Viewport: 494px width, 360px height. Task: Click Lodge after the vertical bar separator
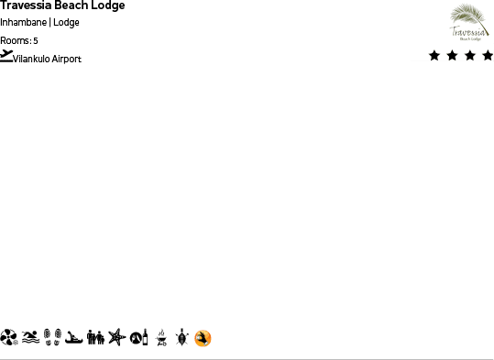click(66, 23)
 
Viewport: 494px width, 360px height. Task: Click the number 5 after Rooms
click(36, 40)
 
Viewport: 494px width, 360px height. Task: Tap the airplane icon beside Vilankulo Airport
click(6, 56)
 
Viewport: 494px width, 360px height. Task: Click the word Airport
click(67, 59)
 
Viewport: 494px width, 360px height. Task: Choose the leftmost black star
click(434, 56)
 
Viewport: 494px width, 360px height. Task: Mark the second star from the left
click(452, 56)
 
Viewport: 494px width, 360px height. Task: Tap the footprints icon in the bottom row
click(53, 338)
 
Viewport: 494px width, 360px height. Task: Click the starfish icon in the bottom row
click(115, 338)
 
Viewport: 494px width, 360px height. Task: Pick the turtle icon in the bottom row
click(181, 338)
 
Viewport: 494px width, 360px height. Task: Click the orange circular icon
click(203, 338)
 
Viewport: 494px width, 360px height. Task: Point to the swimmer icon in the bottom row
click(31, 338)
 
